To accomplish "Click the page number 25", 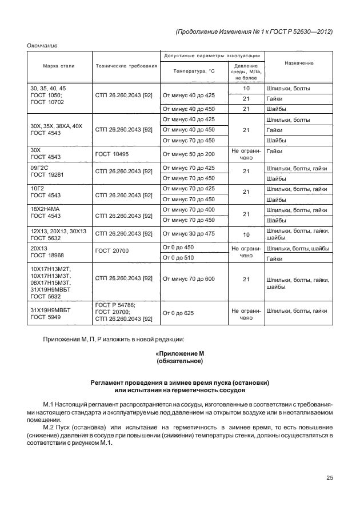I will [329, 478].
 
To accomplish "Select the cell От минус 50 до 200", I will [189, 154].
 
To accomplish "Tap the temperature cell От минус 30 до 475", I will [189, 233].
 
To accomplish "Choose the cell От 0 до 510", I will [179, 258].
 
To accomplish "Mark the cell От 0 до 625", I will [179, 313].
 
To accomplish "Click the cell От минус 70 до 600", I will [189, 278].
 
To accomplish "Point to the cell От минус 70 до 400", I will [189, 210].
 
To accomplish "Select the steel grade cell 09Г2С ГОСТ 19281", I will [49, 174].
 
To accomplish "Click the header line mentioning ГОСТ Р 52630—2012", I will [254, 31].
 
